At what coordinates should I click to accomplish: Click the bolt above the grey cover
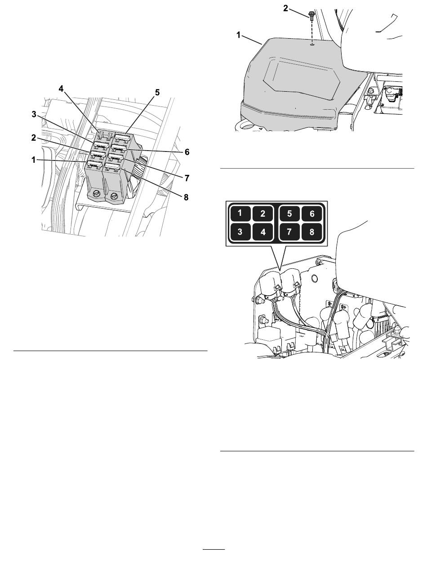311,16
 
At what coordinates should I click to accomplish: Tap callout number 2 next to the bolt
286,9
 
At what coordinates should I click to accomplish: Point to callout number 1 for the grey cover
238,35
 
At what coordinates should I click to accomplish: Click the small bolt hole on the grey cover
312,44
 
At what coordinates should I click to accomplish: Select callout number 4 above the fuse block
61,89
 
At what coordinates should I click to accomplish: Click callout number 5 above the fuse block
157,93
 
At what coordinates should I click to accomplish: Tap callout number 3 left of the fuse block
34,114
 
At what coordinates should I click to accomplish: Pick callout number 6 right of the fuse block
187,152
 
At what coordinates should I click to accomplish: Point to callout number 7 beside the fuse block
187,178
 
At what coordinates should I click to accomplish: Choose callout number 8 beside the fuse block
186,197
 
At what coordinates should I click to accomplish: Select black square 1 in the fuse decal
240,213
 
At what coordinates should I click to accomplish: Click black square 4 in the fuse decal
262,232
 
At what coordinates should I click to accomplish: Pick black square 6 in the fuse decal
312,213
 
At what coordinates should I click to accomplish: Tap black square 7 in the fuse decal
289,232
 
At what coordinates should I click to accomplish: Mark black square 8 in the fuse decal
312,232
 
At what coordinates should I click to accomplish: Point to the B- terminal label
329,303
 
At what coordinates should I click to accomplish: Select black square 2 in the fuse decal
262,213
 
